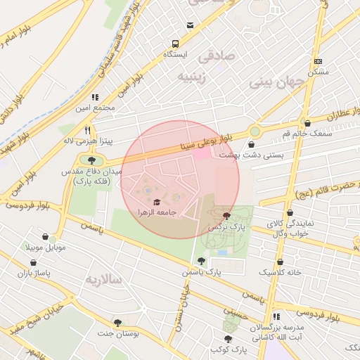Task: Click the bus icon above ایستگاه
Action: pos(189,26)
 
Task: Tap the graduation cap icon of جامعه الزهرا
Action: pos(156,202)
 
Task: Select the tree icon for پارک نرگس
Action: pos(226,216)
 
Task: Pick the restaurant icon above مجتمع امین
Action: pos(95,97)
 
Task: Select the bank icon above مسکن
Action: pos(318,62)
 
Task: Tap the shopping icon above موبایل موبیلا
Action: pos(46,237)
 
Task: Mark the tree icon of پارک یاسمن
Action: pos(202,261)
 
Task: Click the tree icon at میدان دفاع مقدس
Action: pos(92,161)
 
